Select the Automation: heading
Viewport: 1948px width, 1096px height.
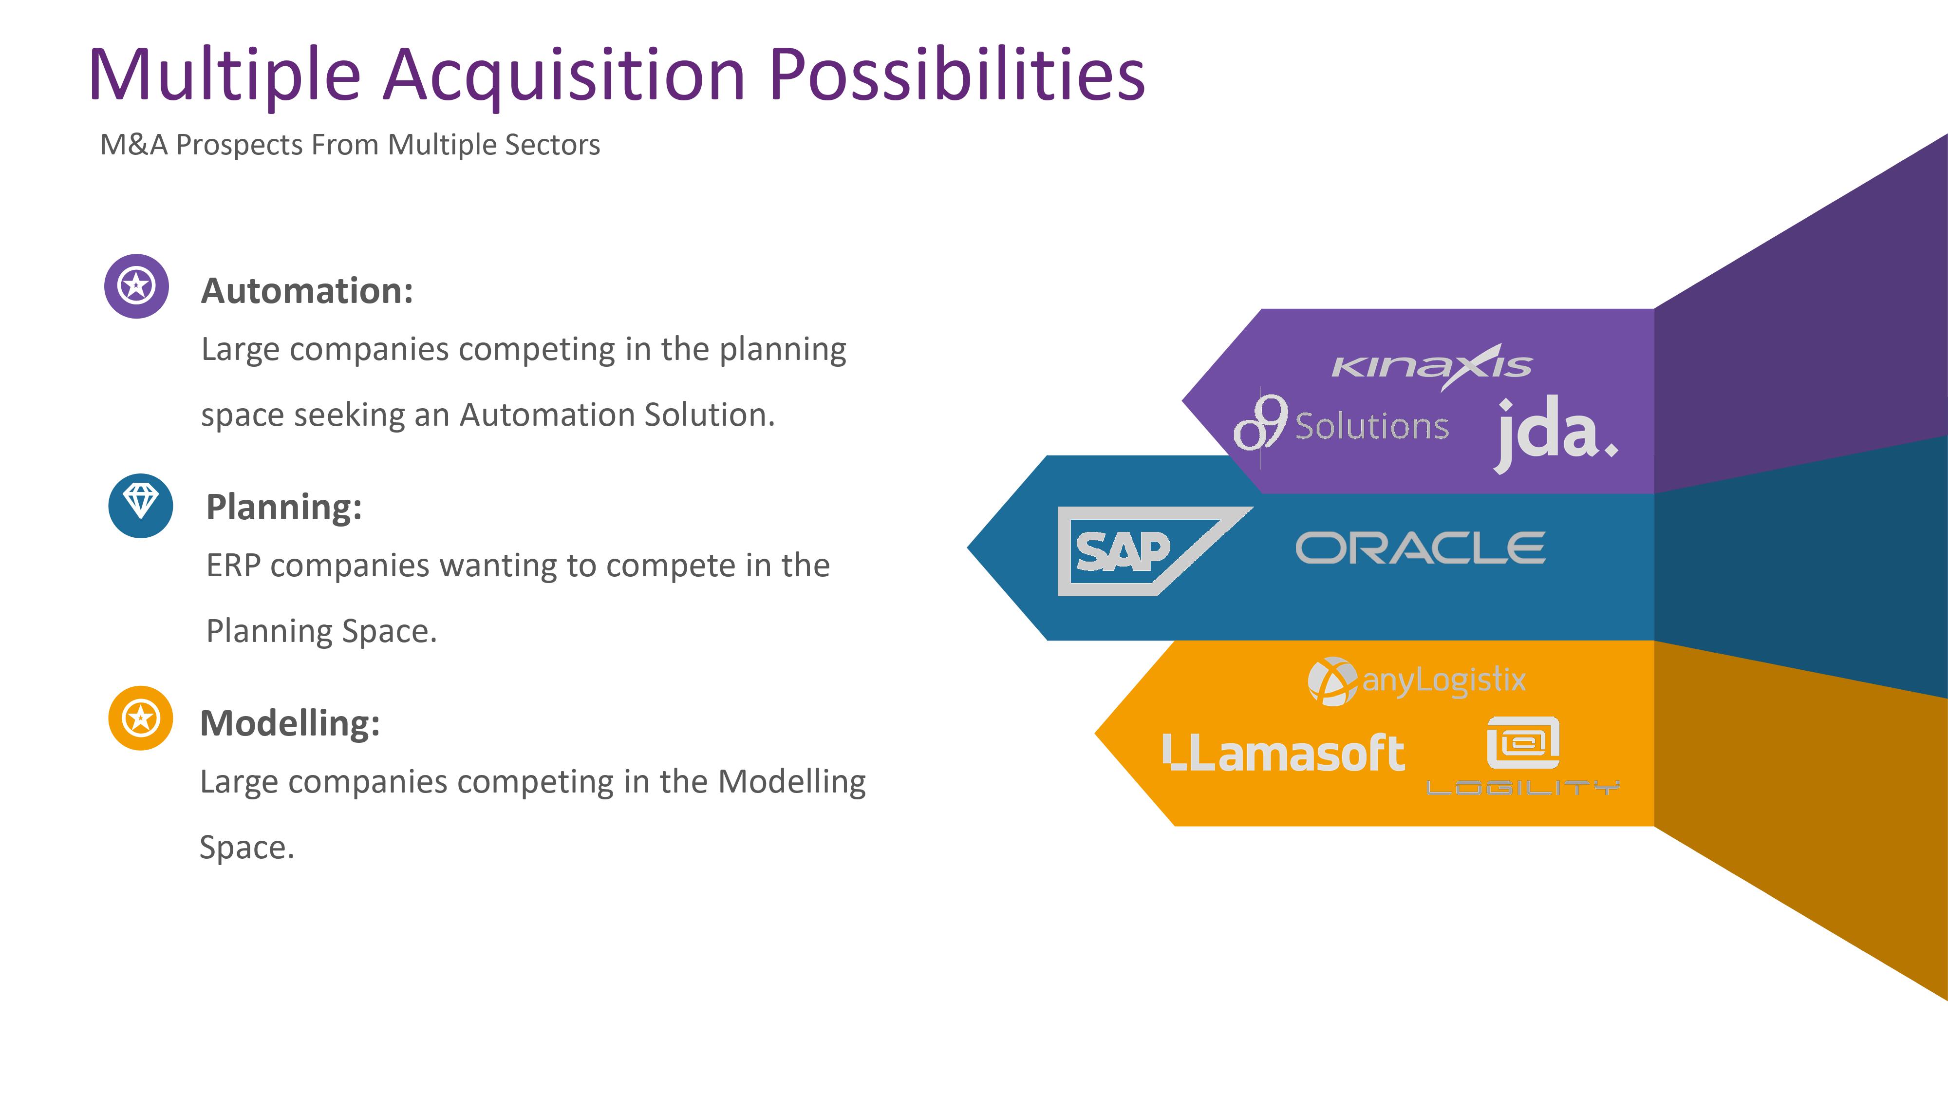307,290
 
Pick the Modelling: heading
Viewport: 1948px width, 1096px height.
290,723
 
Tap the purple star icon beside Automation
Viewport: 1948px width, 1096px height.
137,286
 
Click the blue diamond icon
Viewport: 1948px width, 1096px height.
141,505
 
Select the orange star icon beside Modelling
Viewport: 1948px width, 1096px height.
141,718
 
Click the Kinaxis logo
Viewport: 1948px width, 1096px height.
1432,367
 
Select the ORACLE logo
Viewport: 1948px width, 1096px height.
1420,548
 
